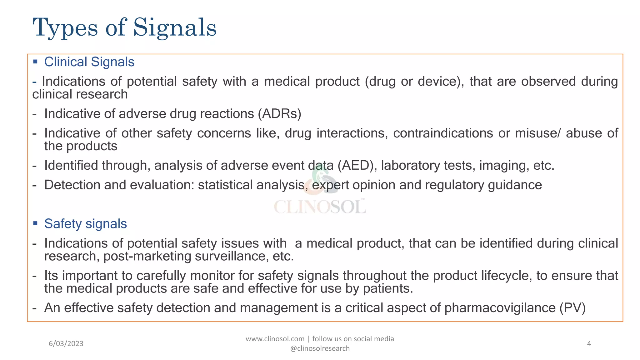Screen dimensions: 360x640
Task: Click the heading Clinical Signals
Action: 89,62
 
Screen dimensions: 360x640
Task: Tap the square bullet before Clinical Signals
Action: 35,62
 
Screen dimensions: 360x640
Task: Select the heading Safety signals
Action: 85,224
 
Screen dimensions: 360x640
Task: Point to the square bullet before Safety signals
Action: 35,223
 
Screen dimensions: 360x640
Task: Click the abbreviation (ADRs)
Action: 279,114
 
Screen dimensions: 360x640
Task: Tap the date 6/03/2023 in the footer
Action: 66,344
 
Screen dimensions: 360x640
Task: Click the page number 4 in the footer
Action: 589,344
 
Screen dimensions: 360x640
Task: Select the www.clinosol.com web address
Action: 275,339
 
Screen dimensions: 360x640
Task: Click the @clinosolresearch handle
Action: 320,348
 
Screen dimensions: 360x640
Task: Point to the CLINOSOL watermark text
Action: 320,207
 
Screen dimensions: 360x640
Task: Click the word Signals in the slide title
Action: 175,28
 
